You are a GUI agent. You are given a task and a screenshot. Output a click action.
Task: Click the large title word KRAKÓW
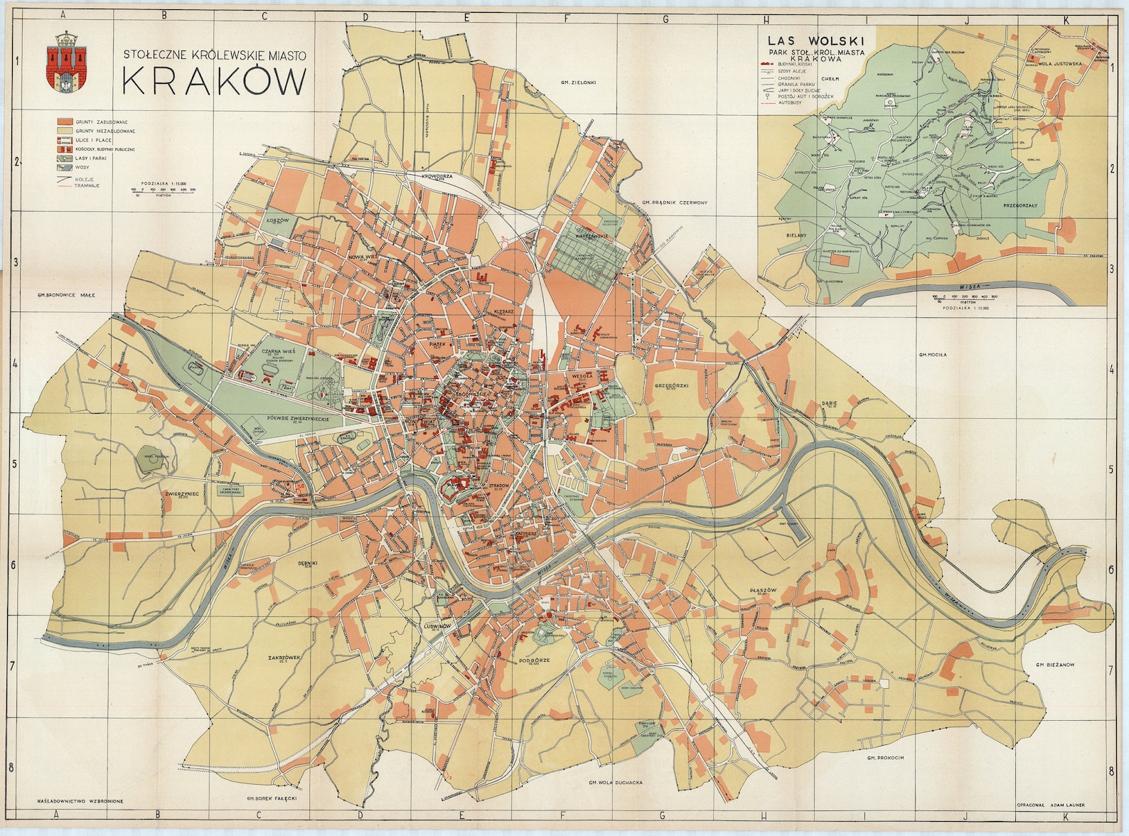pyautogui.click(x=213, y=82)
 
